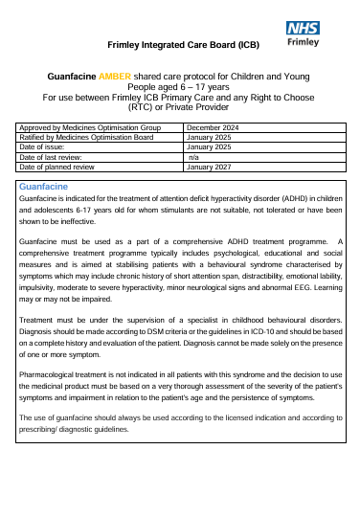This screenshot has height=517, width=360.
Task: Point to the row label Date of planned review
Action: tap(58, 167)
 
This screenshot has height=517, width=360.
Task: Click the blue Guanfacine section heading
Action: tap(43, 186)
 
